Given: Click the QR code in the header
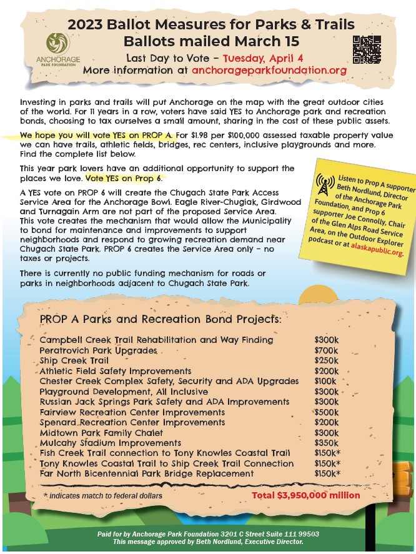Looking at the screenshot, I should tap(367, 50).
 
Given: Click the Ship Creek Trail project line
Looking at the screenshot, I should tap(74, 360).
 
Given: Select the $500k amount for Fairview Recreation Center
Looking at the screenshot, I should tap(327, 412).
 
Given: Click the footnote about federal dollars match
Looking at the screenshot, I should tap(103, 495).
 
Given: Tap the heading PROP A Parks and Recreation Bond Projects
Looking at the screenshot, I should tap(161, 319).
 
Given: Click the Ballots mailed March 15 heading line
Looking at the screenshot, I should tap(212, 42).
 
